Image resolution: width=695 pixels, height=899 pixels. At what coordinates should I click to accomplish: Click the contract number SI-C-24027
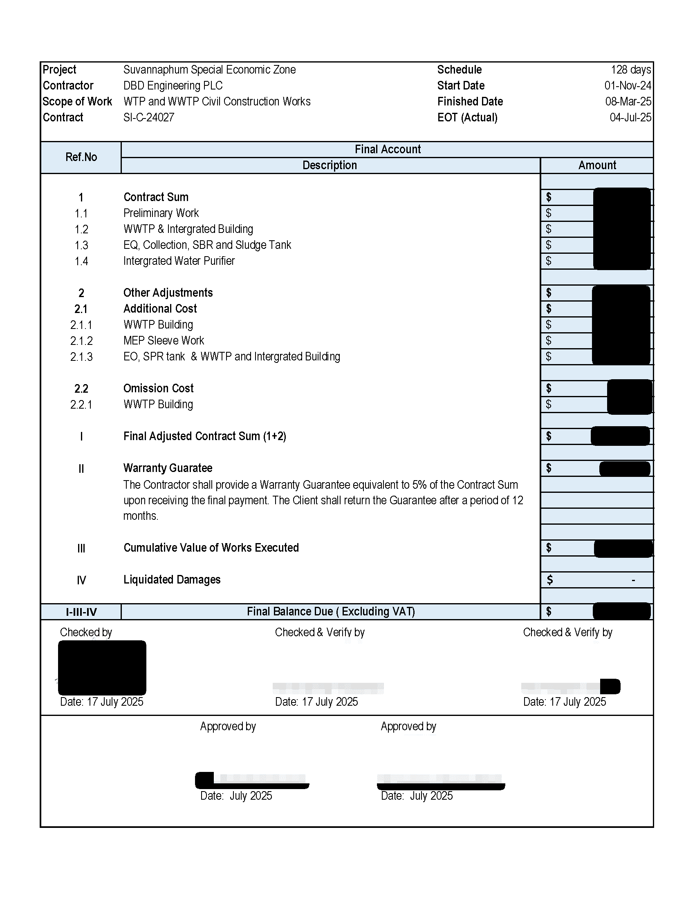tap(149, 117)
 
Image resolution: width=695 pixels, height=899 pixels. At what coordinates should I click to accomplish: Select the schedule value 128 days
tap(630, 69)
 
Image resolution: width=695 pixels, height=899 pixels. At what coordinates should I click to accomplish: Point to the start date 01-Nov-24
tap(628, 86)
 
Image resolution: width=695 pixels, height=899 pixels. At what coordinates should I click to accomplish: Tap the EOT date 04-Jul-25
tap(630, 117)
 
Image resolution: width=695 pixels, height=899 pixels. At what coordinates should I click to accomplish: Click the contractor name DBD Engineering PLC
tap(173, 86)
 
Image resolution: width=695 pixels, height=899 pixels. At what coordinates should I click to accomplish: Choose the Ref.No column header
tap(81, 157)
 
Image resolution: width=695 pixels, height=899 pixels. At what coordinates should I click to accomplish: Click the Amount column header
tap(596, 165)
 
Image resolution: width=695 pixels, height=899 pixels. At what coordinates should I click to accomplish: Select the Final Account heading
tap(388, 149)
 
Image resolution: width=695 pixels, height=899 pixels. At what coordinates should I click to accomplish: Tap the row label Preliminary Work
tap(161, 213)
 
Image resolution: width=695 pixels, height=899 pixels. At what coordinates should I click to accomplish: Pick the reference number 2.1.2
tap(81, 341)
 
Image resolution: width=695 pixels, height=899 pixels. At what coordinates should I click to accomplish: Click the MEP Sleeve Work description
tap(164, 340)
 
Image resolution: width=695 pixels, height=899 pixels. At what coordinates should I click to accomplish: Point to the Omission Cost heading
tap(159, 388)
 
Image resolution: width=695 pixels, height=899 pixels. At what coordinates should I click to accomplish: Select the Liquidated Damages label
tap(172, 579)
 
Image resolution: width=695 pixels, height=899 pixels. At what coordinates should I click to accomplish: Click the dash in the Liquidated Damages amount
tap(633, 580)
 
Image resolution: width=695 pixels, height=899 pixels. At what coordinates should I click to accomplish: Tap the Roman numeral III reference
tap(81, 548)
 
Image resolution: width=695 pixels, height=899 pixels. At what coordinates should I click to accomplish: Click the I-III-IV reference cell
tap(81, 612)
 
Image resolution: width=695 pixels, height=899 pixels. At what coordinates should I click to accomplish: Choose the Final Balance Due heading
tap(331, 612)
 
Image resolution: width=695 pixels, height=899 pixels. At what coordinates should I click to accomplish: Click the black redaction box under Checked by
tap(102, 667)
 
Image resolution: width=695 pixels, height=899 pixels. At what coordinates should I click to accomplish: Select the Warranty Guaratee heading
tap(168, 468)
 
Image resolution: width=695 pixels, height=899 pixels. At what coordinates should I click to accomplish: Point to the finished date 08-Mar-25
tap(628, 102)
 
